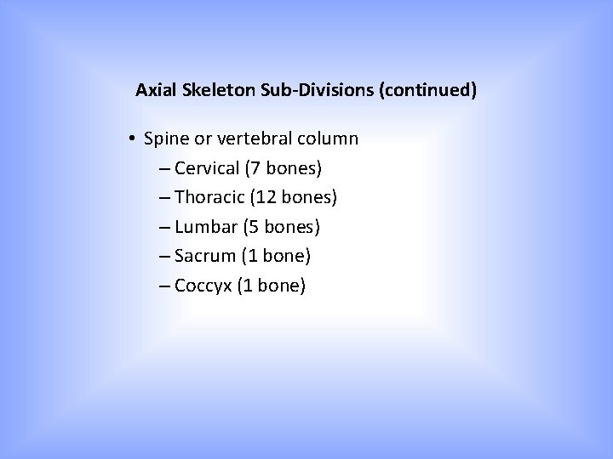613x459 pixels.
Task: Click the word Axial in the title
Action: point(155,89)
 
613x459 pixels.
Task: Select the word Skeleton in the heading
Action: point(213,89)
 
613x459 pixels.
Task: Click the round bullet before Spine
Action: point(135,138)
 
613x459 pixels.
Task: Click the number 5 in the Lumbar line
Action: point(254,227)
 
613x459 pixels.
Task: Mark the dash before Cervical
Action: point(163,168)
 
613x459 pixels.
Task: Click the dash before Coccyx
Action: point(163,286)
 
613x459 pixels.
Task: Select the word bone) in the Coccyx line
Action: point(281,286)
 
